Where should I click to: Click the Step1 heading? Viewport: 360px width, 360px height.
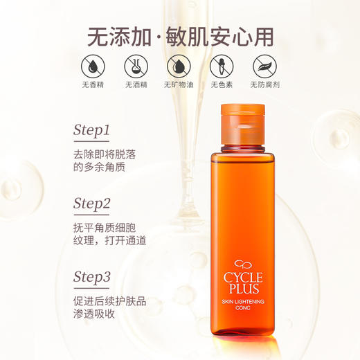point(92,130)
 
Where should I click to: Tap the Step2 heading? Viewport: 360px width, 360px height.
point(92,204)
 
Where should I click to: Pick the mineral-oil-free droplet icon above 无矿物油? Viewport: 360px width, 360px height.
point(179,66)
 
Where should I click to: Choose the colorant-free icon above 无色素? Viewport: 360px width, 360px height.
point(222,66)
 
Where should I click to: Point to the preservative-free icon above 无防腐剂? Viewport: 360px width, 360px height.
point(265,66)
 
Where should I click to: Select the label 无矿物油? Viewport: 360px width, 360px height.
point(179,86)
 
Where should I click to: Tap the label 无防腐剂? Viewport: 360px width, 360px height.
point(265,86)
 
